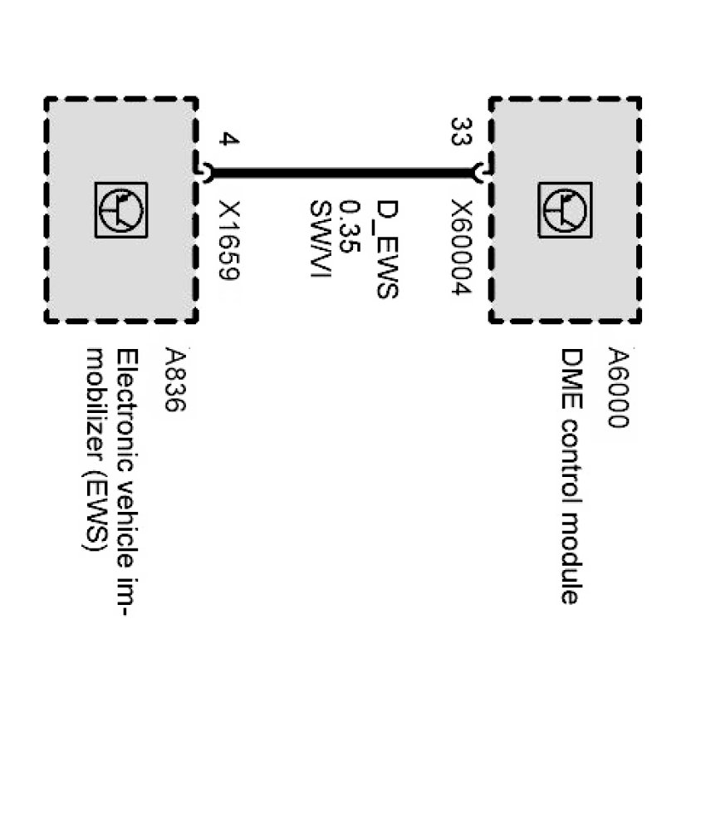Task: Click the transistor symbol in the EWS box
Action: (121, 210)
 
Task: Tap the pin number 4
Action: (228, 139)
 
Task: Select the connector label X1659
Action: (228, 242)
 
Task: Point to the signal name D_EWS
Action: (387, 248)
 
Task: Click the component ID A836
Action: (175, 380)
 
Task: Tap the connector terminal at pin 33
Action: (479, 173)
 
